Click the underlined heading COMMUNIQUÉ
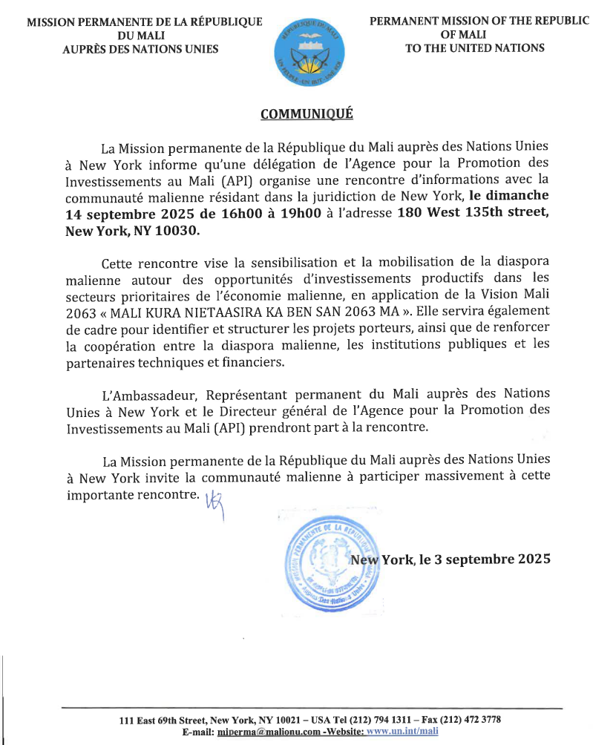306,114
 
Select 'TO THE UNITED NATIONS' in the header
475,48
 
